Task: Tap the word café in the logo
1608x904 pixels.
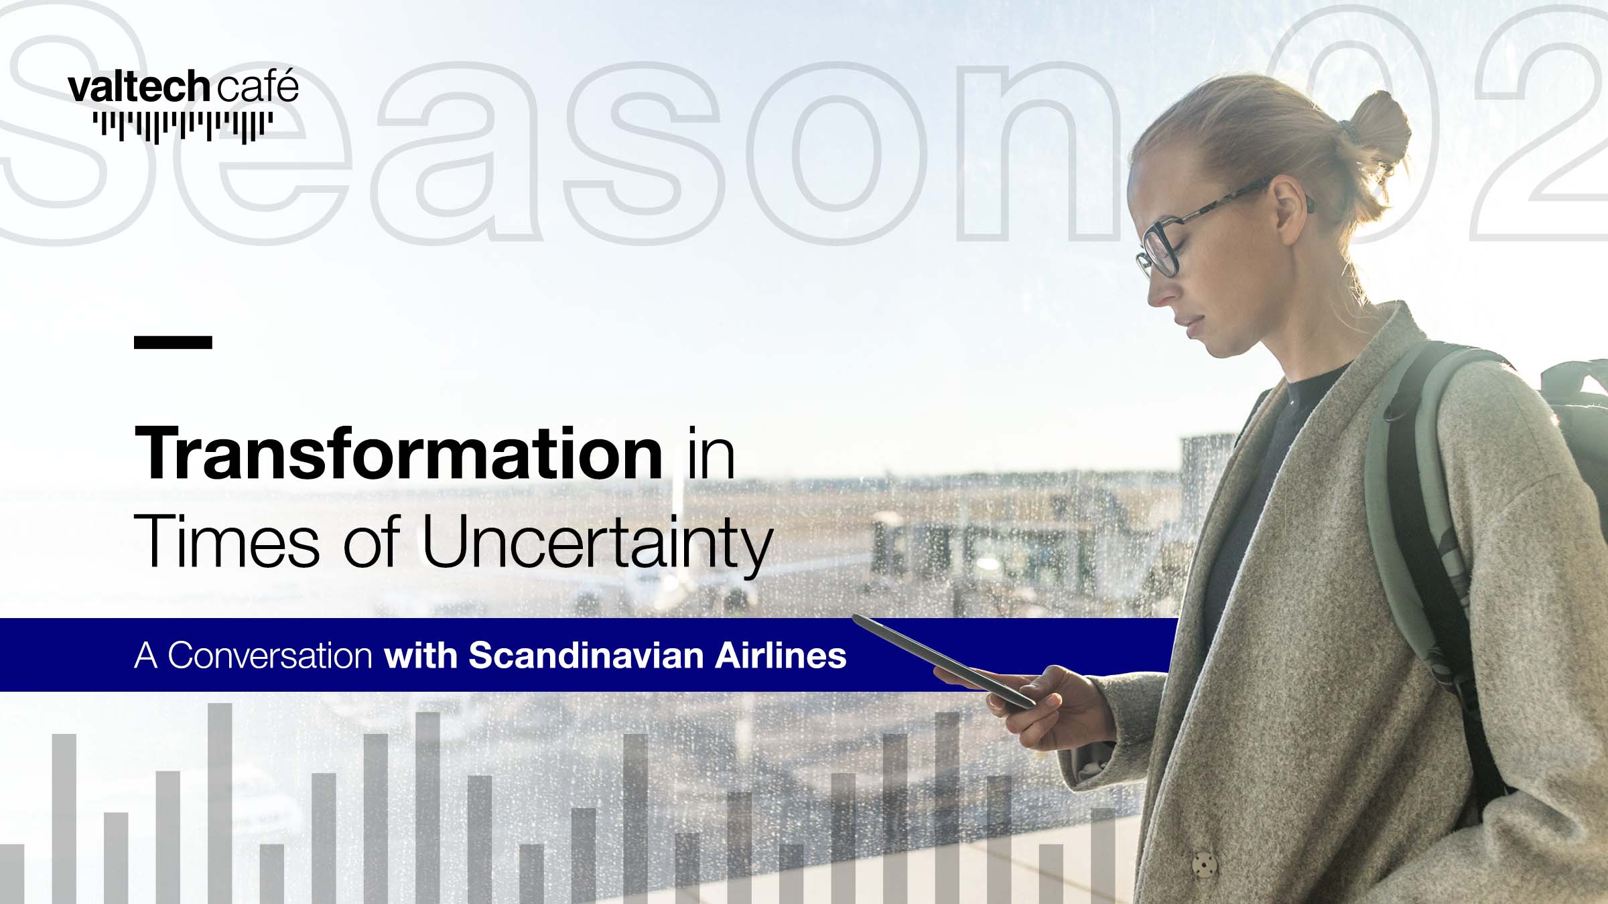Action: pyautogui.click(x=257, y=86)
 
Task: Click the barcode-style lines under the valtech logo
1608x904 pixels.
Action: pyautogui.click(x=182, y=127)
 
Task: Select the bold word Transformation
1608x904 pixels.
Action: pyautogui.click(x=399, y=453)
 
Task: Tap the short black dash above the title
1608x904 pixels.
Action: pyautogui.click(x=173, y=342)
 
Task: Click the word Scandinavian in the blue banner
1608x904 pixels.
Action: pyautogui.click(x=586, y=655)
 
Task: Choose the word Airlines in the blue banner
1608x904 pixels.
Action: pyautogui.click(x=781, y=655)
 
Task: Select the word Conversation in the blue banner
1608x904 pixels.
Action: pyautogui.click(x=270, y=655)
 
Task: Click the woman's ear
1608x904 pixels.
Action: pyautogui.click(x=1290, y=208)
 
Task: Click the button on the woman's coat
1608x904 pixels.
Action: pyautogui.click(x=1204, y=864)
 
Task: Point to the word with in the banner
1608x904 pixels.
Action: pyautogui.click(x=421, y=655)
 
